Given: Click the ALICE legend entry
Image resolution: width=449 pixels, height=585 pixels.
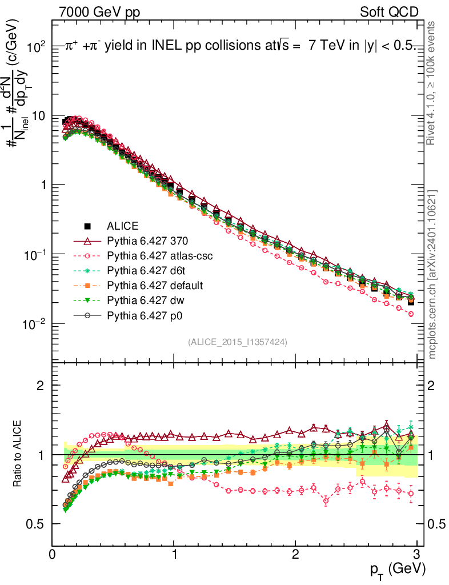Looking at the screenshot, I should click(123, 225).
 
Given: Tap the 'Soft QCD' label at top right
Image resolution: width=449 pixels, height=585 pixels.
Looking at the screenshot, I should click(389, 12).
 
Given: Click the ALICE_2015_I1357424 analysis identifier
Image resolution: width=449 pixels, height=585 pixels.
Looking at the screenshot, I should click(237, 342).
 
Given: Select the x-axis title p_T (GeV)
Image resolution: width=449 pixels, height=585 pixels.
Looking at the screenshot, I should click(397, 569).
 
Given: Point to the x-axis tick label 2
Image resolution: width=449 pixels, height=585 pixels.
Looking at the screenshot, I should click(295, 554).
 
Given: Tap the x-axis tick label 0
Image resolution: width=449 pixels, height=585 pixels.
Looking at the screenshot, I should click(53, 554).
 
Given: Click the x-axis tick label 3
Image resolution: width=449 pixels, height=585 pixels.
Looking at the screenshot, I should click(416, 554).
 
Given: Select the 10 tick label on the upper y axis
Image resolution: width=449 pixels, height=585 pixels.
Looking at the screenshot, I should click(39, 116).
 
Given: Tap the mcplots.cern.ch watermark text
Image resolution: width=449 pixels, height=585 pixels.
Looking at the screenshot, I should click(432, 274).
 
